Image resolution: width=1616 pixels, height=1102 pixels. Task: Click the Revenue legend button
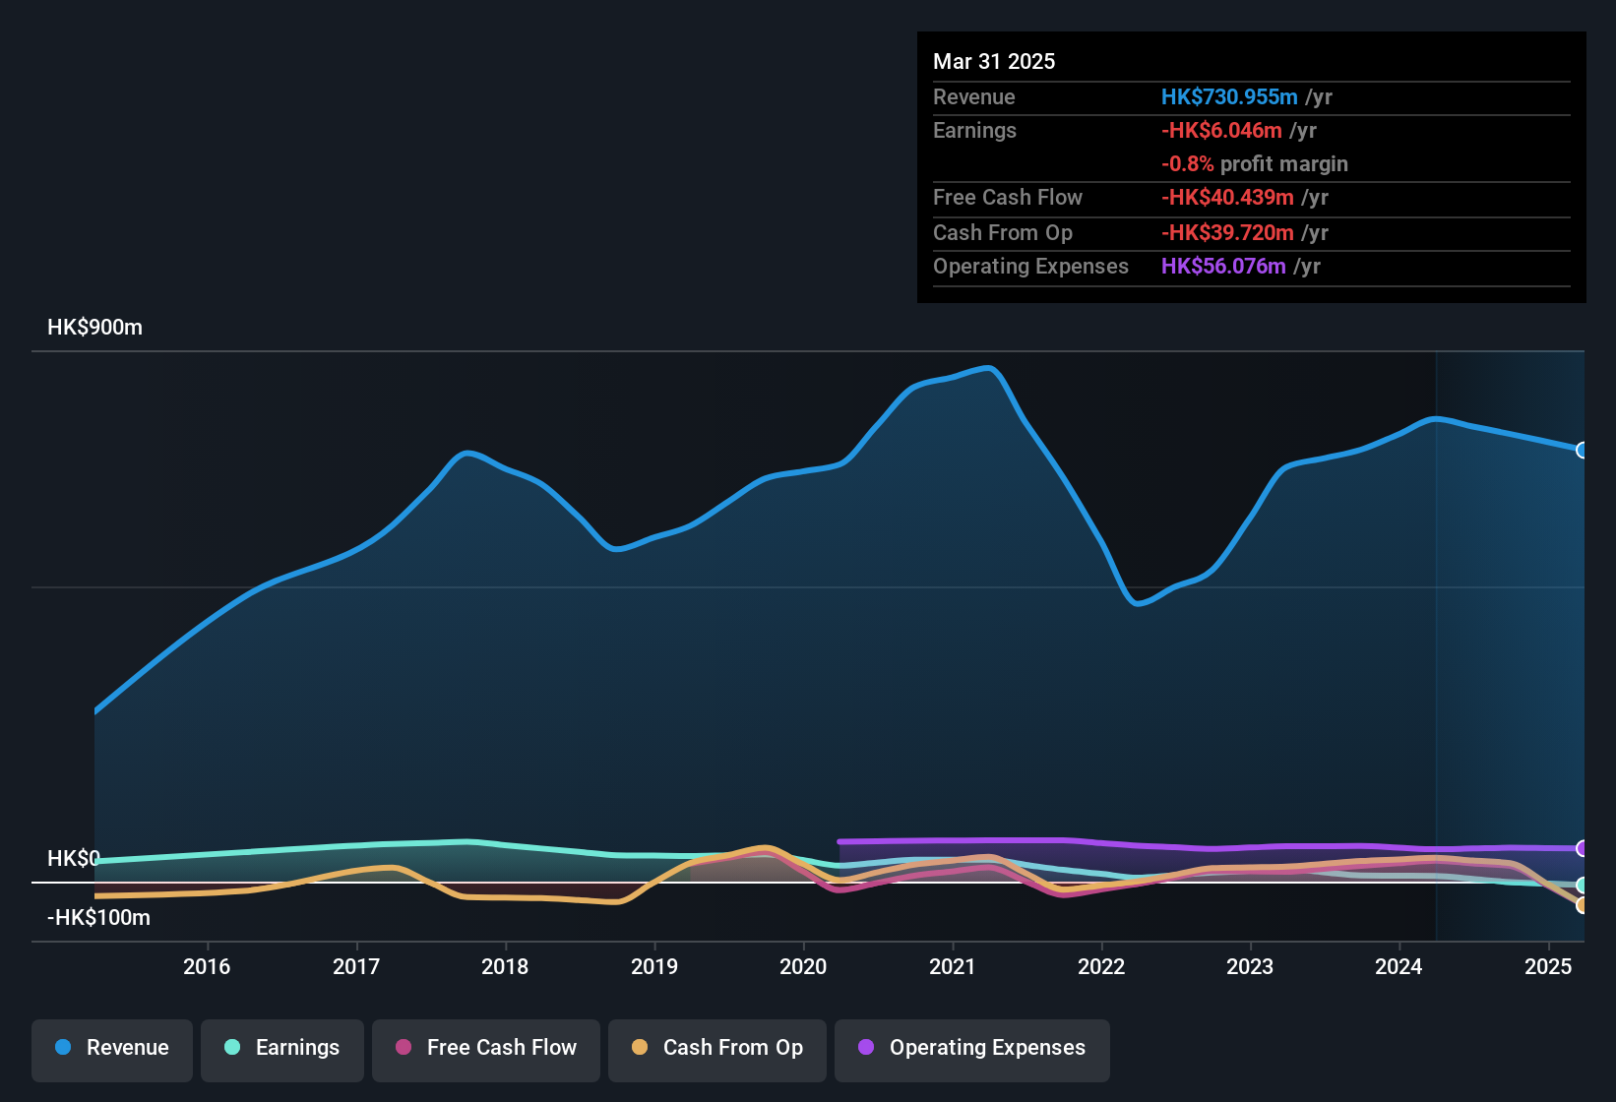[x=112, y=1048]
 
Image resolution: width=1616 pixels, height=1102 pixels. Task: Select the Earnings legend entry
[x=282, y=1048]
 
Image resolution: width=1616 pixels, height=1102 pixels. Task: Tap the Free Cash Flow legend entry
[x=486, y=1048]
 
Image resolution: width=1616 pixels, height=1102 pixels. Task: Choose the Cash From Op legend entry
[x=717, y=1048]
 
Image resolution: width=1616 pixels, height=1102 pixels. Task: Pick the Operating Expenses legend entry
[x=972, y=1048]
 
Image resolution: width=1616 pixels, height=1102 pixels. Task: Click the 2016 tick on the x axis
[x=207, y=966]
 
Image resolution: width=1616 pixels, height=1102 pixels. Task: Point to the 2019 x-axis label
[x=654, y=966]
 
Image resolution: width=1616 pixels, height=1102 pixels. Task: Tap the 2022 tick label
[x=1101, y=966]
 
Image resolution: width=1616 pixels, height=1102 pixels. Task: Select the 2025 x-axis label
[x=1548, y=966]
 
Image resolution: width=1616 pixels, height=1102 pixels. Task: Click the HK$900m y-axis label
[x=94, y=328]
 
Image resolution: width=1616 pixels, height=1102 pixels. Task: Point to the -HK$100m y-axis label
[x=98, y=918]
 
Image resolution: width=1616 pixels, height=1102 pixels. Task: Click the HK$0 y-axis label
[x=73, y=858]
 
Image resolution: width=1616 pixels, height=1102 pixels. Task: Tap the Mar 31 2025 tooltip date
[x=994, y=61]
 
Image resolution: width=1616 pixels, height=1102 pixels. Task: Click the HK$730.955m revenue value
[x=1229, y=96]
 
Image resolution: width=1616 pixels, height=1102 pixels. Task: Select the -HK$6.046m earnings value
[x=1221, y=130]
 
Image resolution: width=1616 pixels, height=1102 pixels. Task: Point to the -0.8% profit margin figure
[x=1187, y=164]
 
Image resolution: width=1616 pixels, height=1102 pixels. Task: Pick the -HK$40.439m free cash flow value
[x=1227, y=197]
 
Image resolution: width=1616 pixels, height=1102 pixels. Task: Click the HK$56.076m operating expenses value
[x=1223, y=266]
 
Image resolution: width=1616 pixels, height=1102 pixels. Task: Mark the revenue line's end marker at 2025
[x=1582, y=450]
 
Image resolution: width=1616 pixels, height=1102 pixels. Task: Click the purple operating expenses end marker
[x=1582, y=848]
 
